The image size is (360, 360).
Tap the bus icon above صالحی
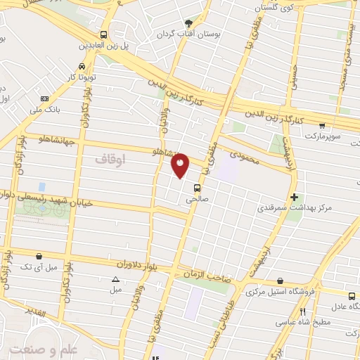196,188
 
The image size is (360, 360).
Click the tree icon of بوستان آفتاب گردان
187,22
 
